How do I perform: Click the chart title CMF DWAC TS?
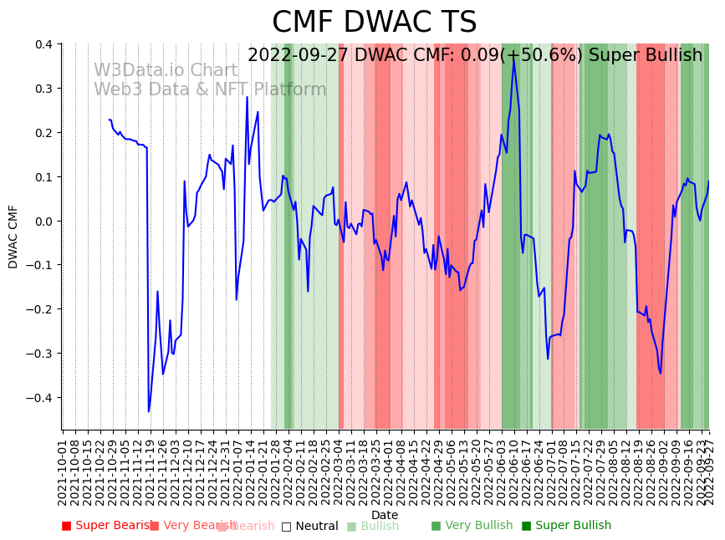coord(374,23)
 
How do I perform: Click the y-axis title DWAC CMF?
coord(13,237)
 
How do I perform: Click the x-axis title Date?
coord(385,515)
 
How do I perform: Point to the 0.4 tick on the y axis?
coord(43,44)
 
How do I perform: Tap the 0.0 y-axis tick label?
coord(43,222)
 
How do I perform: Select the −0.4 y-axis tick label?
coord(38,398)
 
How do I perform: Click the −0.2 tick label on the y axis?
coord(38,309)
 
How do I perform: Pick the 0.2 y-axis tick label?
coord(43,133)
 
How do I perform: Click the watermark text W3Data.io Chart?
coord(166,70)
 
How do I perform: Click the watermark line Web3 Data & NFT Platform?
coord(210,89)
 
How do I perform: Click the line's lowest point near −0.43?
coord(149,411)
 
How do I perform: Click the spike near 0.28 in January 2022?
coord(247,97)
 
